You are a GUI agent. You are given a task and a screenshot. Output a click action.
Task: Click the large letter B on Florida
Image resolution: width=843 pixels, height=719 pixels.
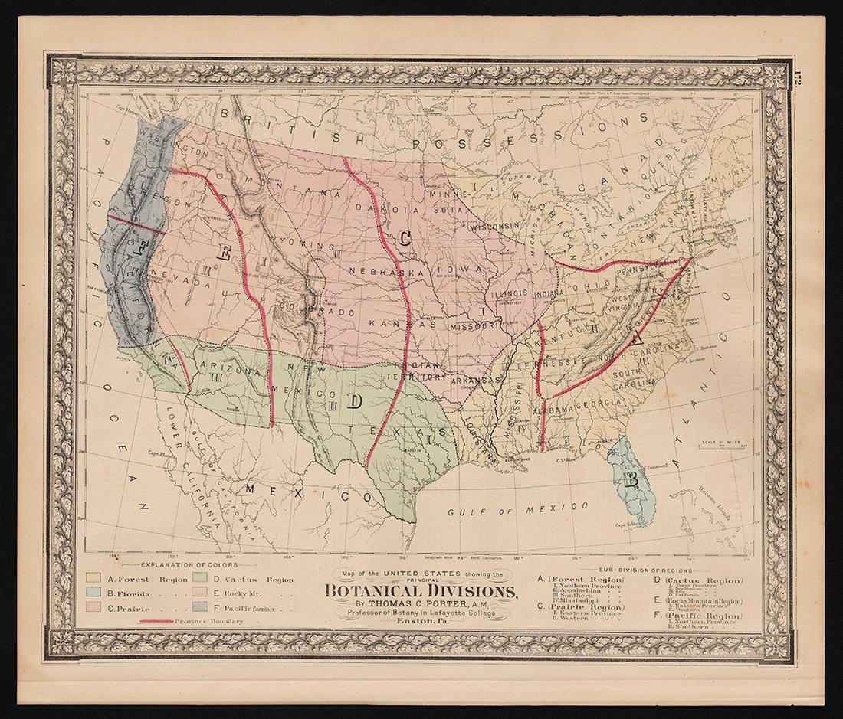(631, 480)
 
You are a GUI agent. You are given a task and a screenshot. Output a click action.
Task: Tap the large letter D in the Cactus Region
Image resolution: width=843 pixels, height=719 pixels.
(353, 401)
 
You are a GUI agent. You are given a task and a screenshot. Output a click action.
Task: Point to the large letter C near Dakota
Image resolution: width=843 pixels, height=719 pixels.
(404, 238)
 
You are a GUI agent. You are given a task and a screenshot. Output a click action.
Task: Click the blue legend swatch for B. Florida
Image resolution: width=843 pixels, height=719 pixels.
(96, 592)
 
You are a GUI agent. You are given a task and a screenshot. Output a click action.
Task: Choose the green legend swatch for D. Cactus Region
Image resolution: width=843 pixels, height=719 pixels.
(200, 579)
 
